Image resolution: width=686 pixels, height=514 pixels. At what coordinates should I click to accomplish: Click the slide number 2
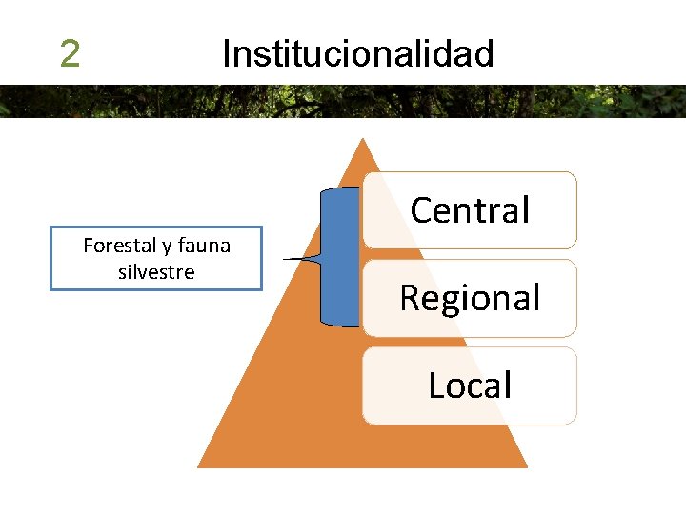point(69,54)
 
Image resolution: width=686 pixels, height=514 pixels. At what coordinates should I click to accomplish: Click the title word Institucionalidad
point(357,54)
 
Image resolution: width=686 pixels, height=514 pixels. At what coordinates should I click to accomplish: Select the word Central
point(470,210)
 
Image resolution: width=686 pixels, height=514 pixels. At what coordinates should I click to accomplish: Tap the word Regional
point(470,298)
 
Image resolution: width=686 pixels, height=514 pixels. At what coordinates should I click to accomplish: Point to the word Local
point(470,385)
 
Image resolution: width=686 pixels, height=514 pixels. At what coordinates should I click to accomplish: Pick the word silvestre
point(156,272)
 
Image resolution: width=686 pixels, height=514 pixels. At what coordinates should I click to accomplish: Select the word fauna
point(204,246)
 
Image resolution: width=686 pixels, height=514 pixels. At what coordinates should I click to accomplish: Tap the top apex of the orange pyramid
point(362,140)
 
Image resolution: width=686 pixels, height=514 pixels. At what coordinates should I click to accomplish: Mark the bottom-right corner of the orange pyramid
point(526,466)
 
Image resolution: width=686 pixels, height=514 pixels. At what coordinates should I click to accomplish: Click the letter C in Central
point(421,210)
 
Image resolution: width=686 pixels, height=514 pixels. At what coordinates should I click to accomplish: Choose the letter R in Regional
point(410,298)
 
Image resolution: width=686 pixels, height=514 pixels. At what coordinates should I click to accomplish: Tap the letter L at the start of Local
point(435,385)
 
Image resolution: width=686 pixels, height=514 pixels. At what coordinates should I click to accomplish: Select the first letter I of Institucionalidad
point(226,54)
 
